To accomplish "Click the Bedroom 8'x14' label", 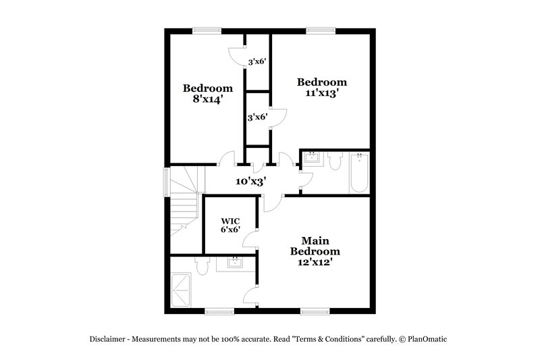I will pos(208,93).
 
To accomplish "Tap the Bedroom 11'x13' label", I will pos(322,88).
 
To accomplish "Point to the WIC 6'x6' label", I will pos(230,225).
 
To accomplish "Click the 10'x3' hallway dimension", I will pos(250,181).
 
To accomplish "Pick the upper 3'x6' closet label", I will pos(256,61).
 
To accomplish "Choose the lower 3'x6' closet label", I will pos(256,117).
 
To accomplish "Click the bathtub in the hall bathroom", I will pos(358,174).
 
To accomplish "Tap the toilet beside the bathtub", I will pos(335,161).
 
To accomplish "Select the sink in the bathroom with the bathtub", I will pos(312,159).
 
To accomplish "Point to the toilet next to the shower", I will pos(200,267).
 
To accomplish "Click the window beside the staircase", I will pos(167,182).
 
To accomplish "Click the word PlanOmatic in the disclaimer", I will pos(427,339).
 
